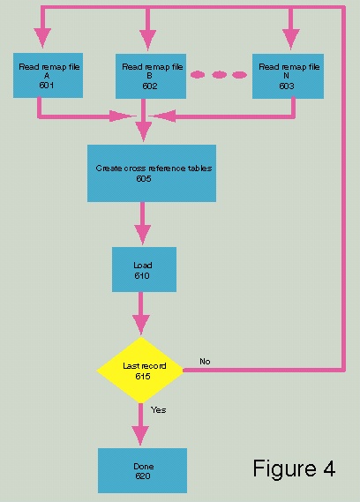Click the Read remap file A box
coord(48,76)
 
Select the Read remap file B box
coord(151,76)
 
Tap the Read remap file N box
coord(288,76)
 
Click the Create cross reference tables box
coord(152,173)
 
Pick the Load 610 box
coord(144,269)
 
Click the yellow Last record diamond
coord(140,370)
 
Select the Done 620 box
coord(143,470)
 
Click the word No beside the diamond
coord(205,362)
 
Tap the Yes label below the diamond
coord(158,409)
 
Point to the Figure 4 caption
coord(294,468)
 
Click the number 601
coord(47,86)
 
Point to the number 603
coord(287,86)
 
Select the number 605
coord(144,178)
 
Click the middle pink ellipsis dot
coord(219,75)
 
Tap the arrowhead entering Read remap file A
coord(42,38)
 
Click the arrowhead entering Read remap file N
coord(291,39)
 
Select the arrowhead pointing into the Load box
coord(143,235)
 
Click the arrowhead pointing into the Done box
coord(140,436)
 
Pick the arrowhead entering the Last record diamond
coord(141,325)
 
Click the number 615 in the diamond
coord(143,376)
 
